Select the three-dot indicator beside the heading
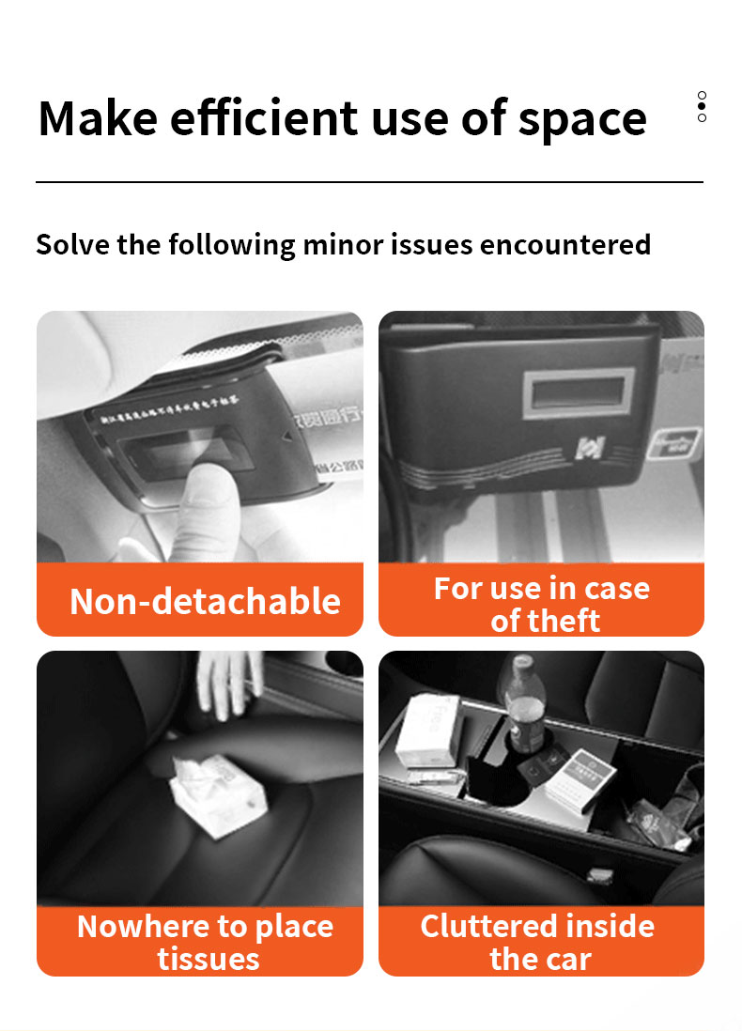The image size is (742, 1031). [702, 106]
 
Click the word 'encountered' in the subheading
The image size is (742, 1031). [564, 244]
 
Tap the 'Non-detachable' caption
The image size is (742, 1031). [205, 601]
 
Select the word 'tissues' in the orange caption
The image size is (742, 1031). [209, 959]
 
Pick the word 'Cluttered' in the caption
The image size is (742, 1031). [481, 926]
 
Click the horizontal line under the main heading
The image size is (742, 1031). [369, 181]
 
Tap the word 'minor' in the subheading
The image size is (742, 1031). [341, 244]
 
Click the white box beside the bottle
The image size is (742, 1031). [428, 728]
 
